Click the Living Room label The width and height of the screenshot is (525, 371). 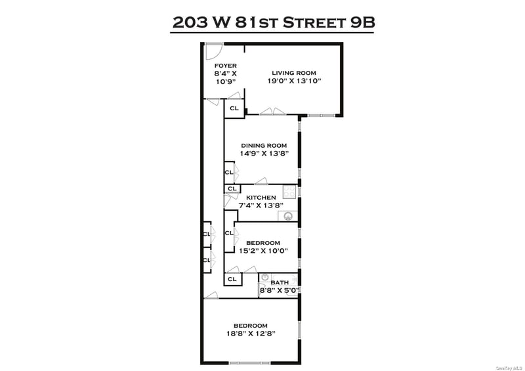point(293,73)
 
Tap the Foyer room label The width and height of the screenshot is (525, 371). point(225,66)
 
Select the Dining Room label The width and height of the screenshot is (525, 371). point(264,146)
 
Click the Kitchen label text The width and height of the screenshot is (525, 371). point(261,198)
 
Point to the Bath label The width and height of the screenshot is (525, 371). point(280,282)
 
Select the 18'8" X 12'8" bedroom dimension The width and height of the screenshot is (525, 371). point(251,334)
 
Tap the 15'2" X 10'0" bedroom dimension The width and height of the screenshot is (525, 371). point(264,251)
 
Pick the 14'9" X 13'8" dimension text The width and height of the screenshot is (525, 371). point(264,154)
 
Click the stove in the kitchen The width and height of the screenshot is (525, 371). point(289,192)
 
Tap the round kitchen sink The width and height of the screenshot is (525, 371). point(287,217)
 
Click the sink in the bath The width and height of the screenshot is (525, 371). point(265,278)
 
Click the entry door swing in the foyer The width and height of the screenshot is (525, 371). point(214,51)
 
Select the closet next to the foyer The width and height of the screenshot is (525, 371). point(234,108)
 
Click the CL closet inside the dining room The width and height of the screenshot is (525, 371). point(229,173)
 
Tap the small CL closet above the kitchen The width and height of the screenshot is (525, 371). point(232,188)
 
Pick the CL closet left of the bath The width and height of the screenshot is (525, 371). point(232,279)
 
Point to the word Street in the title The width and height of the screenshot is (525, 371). point(314,23)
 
